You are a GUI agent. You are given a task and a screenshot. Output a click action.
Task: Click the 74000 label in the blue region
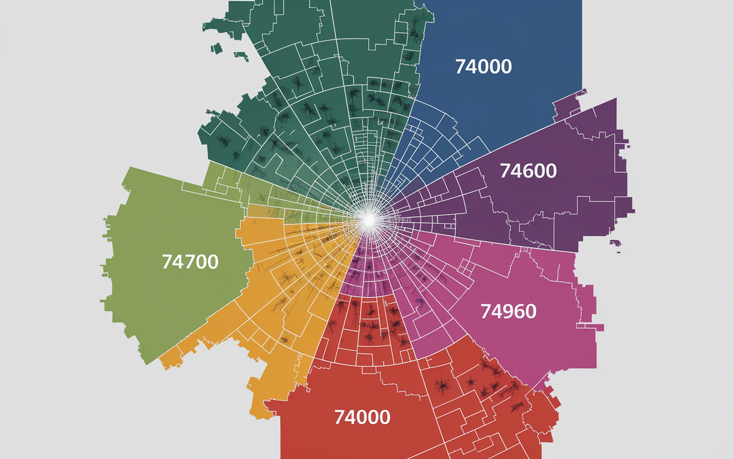point(483,67)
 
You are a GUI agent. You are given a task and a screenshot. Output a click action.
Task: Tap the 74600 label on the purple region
point(528,170)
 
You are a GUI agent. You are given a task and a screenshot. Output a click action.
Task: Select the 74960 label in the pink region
point(508,312)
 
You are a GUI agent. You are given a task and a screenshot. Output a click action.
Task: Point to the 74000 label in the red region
point(362,417)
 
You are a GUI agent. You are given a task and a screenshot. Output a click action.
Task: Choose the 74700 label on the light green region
point(190,262)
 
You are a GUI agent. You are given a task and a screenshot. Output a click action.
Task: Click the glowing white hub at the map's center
point(368,219)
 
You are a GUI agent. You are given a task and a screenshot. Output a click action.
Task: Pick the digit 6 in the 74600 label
point(529,170)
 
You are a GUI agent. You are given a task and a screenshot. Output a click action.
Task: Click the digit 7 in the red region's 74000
point(339,417)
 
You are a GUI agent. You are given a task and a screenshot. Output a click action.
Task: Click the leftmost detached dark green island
point(216,48)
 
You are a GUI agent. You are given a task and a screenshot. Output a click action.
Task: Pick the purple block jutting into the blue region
point(568,106)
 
